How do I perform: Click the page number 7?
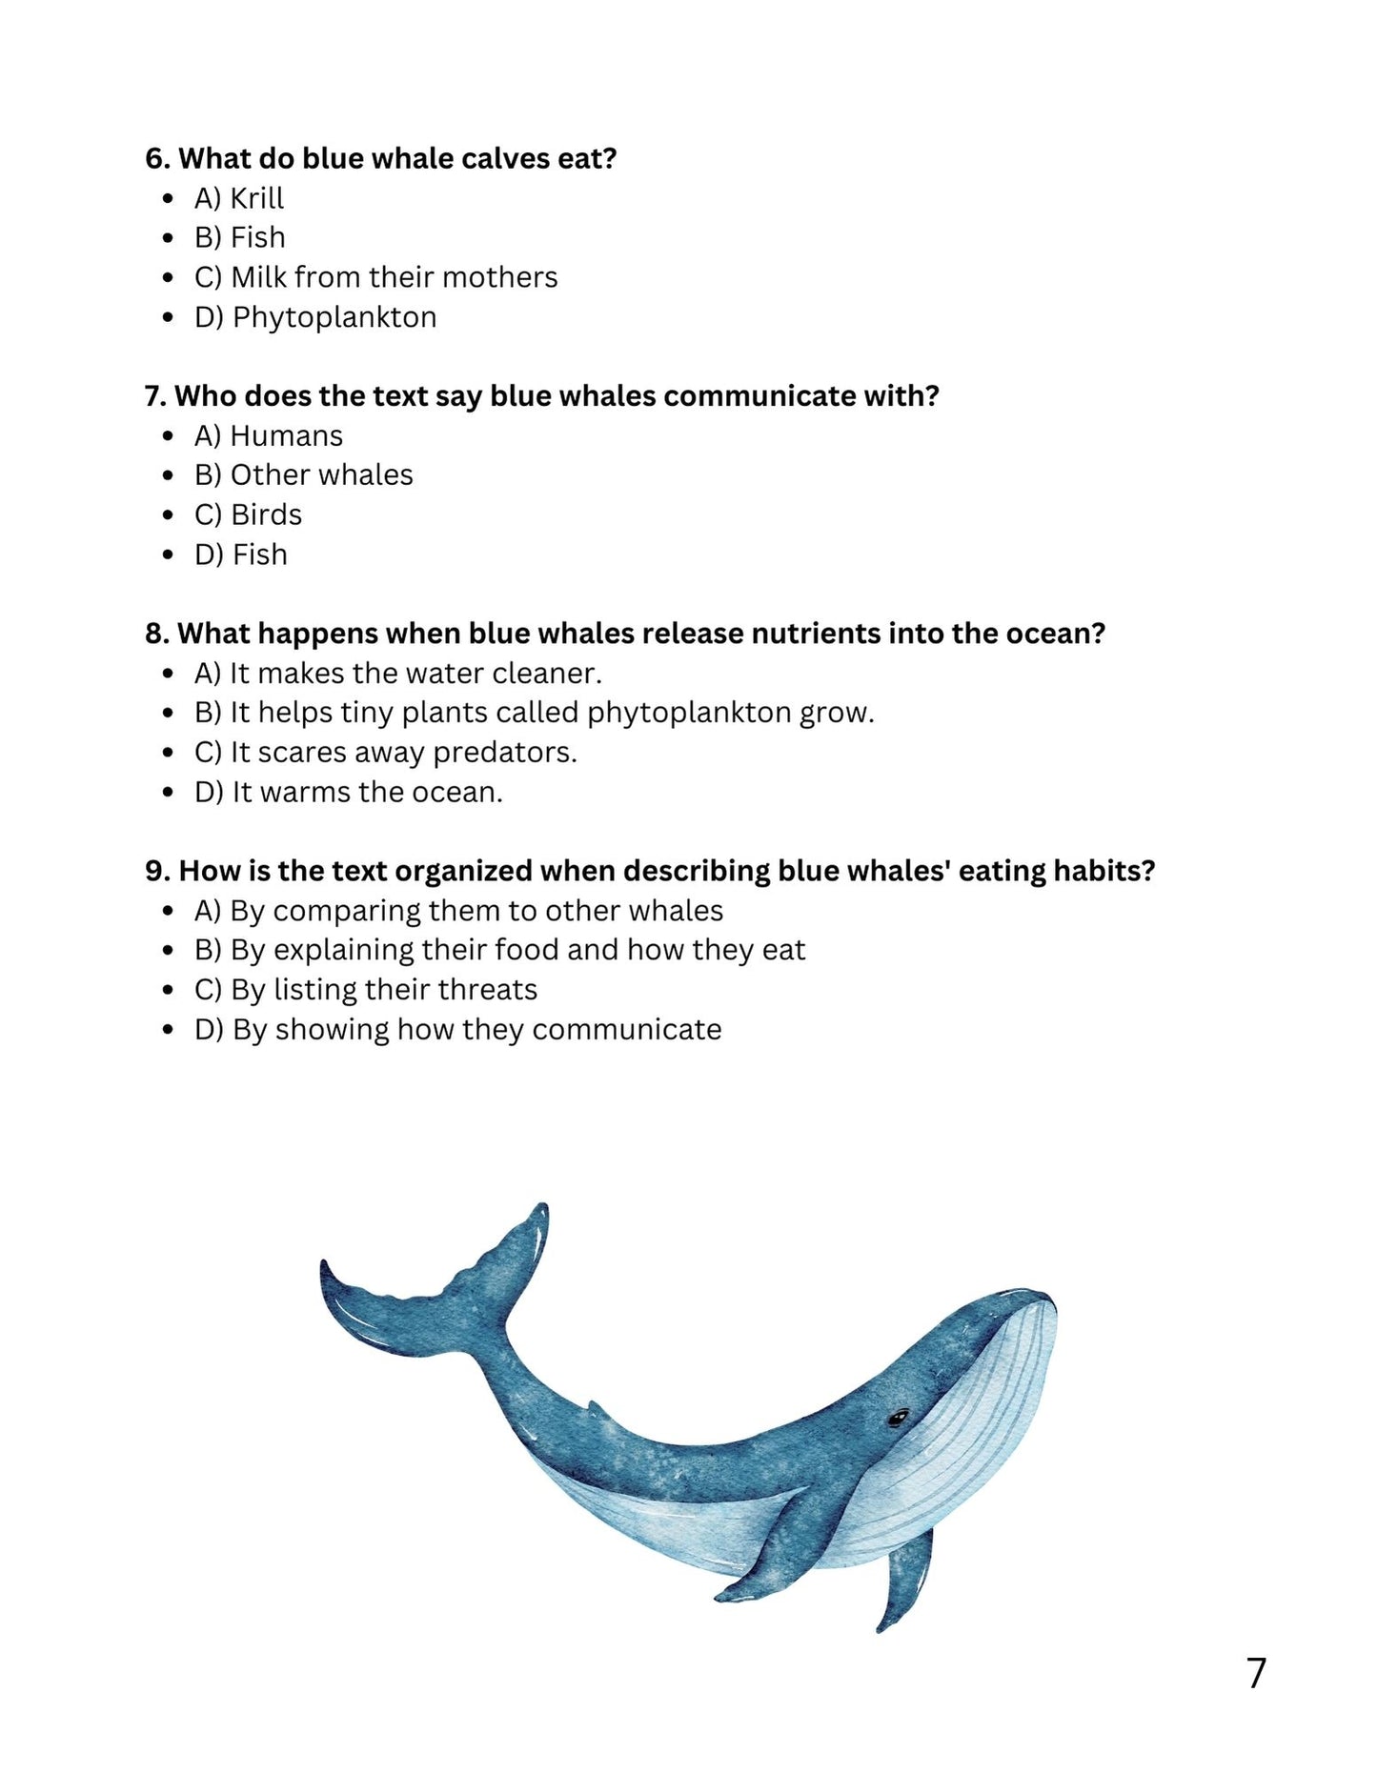[1256, 1673]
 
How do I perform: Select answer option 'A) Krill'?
[239, 198]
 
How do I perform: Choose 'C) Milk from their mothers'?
[375, 277]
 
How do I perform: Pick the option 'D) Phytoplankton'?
[315, 317]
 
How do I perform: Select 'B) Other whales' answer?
[304, 475]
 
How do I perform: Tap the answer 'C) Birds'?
[248, 514]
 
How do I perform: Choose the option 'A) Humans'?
[269, 436]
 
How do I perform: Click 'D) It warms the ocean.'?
[349, 792]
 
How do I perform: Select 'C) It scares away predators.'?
[386, 753]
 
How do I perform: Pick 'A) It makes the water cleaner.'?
[398, 674]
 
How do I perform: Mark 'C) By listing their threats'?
[366, 990]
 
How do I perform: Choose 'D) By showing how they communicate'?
[458, 1030]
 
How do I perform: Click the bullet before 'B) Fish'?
[169, 238]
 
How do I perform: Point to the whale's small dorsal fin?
[596, 1409]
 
